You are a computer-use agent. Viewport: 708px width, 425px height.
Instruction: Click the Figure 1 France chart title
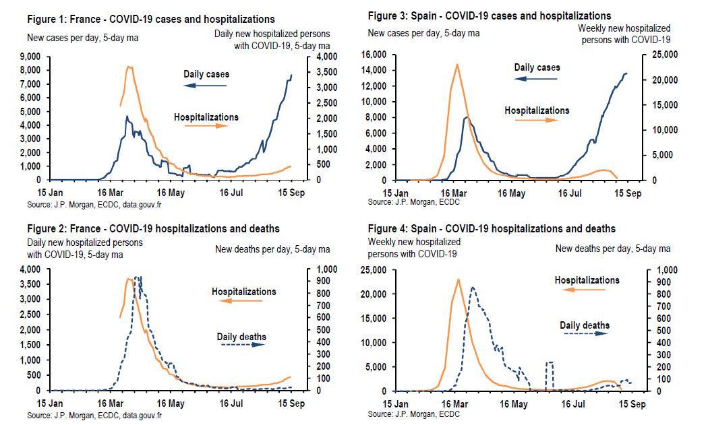coord(150,20)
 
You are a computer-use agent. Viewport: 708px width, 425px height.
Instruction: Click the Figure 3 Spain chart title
coord(490,15)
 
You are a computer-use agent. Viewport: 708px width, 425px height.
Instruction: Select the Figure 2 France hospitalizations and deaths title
coord(153,229)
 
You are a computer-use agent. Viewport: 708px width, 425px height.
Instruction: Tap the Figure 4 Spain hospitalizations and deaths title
coord(492,229)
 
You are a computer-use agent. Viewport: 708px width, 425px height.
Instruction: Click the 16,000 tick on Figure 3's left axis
coord(375,55)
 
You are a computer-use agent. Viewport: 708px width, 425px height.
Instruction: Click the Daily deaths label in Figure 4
coord(585,325)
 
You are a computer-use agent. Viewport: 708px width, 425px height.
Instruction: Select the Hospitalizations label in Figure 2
coord(244,292)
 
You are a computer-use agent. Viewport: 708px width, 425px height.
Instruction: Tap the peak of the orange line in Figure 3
coord(457,65)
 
